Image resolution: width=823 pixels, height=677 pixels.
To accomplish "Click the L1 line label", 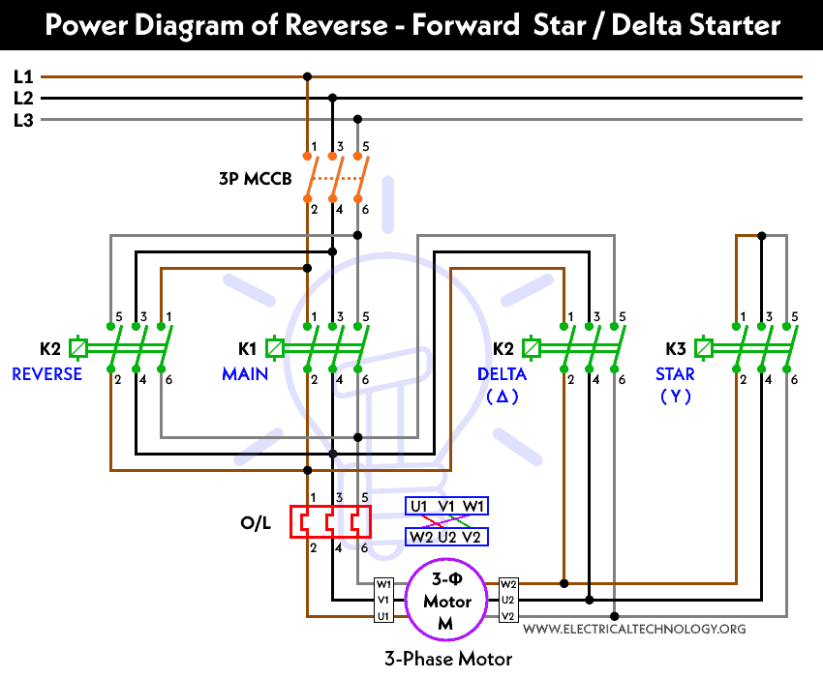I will click(x=23, y=75).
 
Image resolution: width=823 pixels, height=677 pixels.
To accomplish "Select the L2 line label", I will click(x=23, y=98).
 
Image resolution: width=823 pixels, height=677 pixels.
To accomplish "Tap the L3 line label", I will click(x=23, y=120).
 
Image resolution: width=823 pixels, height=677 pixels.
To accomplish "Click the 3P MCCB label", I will click(x=256, y=179).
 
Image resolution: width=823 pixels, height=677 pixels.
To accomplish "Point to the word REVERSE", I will click(x=46, y=374).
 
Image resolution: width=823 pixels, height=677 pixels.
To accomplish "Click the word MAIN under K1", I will click(x=245, y=374).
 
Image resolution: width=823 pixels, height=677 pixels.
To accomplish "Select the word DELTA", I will click(x=502, y=374).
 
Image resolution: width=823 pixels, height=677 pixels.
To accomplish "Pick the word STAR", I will click(x=675, y=374).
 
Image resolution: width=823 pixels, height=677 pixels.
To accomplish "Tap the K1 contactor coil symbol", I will click(x=275, y=347).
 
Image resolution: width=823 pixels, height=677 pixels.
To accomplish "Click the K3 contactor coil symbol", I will click(x=705, y=347).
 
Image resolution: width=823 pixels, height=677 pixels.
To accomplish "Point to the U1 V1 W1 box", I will click(x=446, y=506).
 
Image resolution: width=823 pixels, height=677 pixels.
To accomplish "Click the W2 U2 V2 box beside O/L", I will click(x=446, y=538).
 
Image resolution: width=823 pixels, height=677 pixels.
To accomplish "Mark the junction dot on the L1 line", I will click(x=308, y=75).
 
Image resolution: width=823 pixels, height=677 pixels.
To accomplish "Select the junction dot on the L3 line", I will click(x=357, y=120).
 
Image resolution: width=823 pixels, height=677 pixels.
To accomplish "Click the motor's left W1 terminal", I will click(x=384, y=584).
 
